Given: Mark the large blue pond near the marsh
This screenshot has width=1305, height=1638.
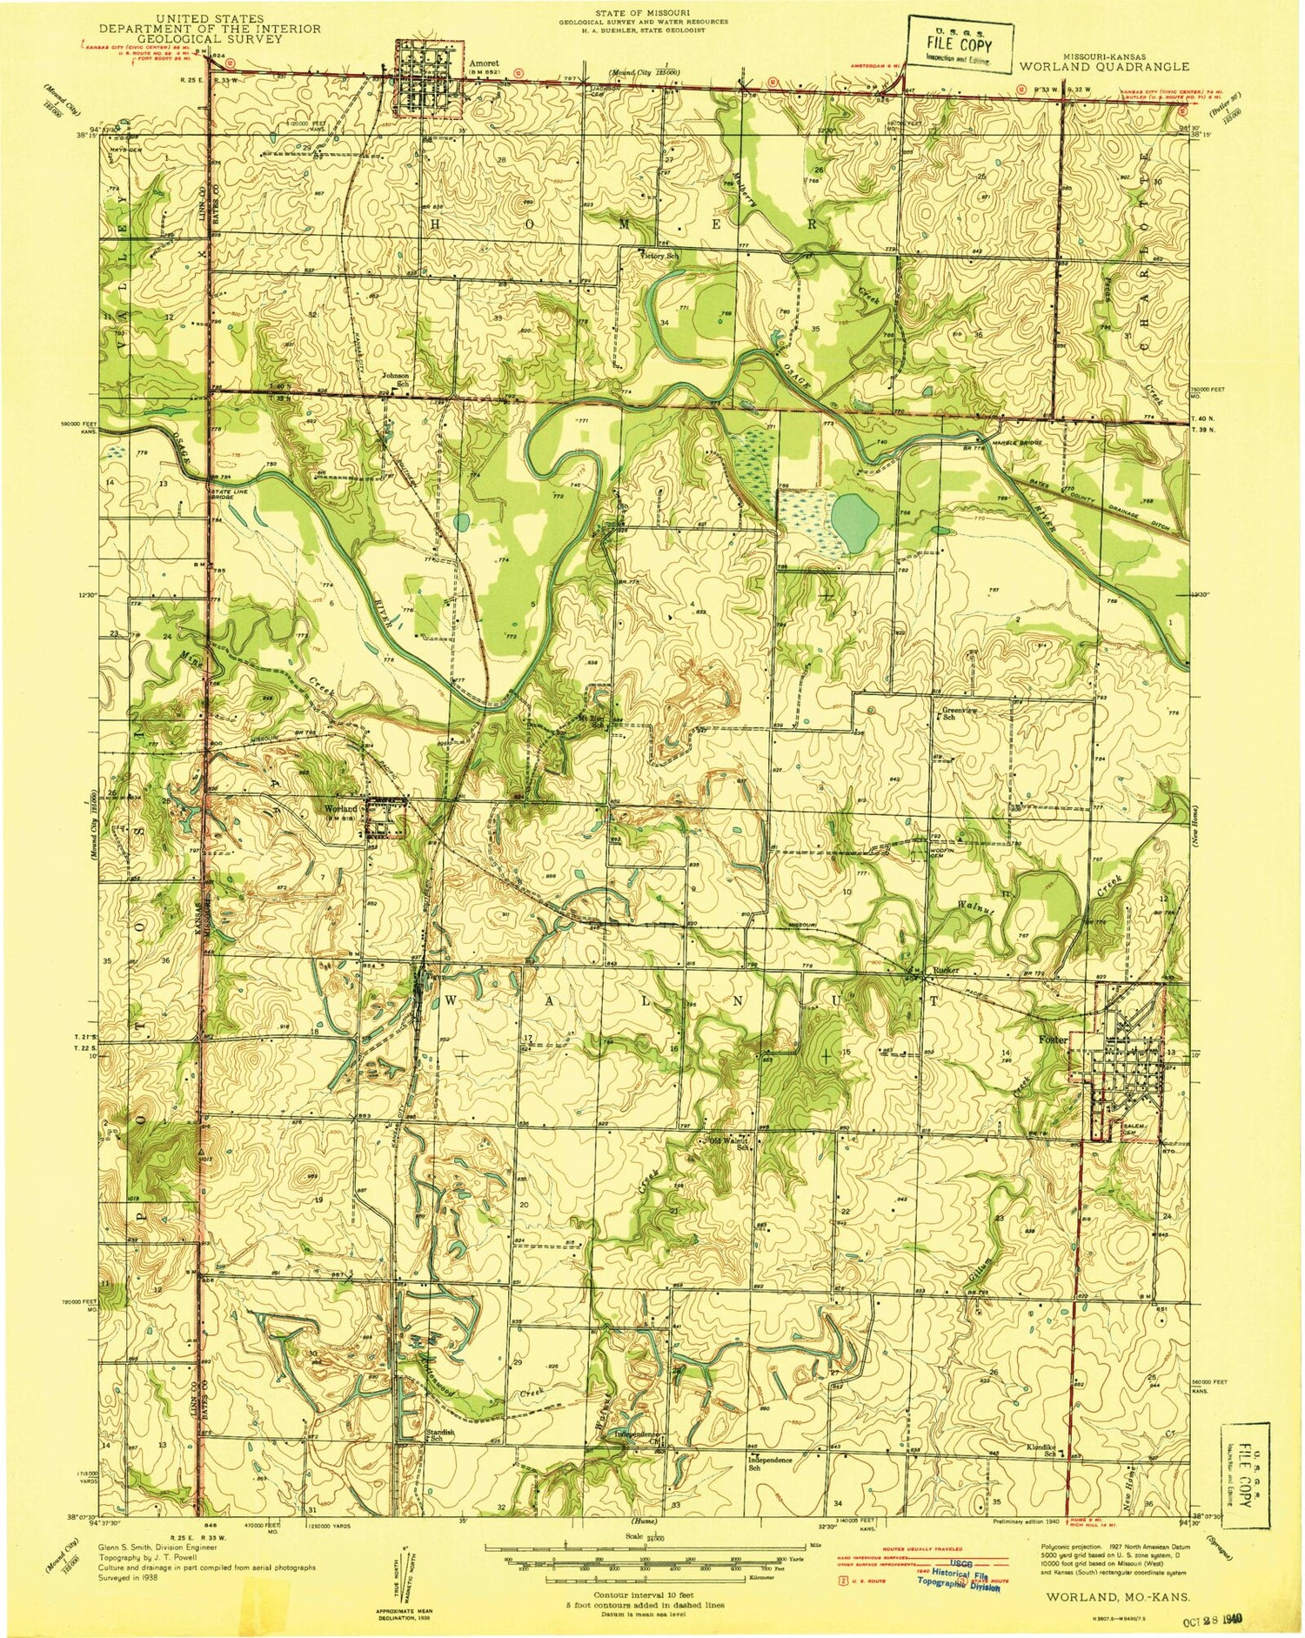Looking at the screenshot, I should click(x=854, y=522).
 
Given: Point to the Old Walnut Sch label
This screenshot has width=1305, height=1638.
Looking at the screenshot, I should click(x=731, y=1142).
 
